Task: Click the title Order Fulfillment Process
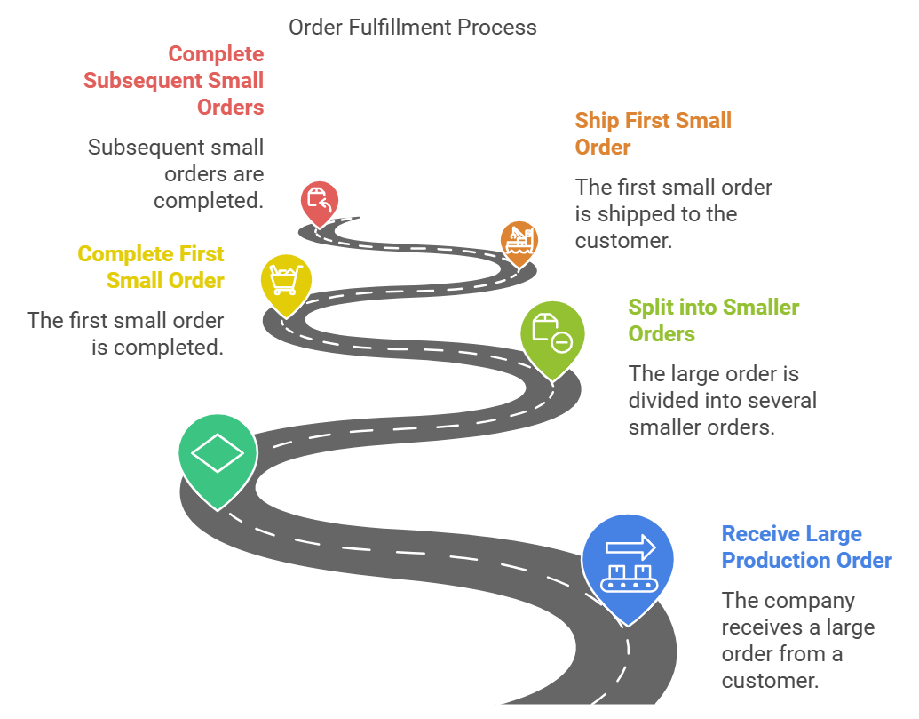point(413,27)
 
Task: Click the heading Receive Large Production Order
point(806,547)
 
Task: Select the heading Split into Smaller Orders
point(713,320)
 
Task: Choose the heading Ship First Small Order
point(653,133)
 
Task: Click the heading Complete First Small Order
point(151,267)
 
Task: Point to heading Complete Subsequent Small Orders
point(173,80)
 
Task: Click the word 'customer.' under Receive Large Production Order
point(770,680)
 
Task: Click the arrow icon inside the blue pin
point(630,547)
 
